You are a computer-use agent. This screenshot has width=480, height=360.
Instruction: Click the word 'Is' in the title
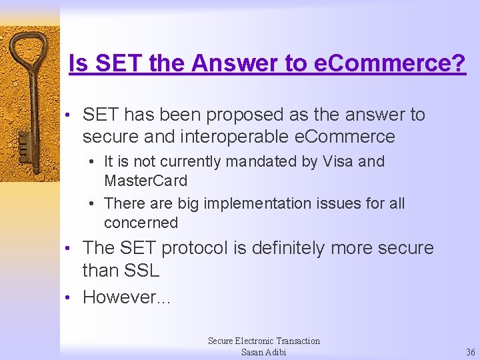point(79,64)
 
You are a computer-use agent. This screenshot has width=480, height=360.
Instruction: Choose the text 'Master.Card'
point(145,181)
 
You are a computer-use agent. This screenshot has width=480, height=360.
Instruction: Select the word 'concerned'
point(141,223)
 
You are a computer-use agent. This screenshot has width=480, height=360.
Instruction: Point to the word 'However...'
point(127,297)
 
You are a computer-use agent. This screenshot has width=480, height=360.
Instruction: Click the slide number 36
point(471,352)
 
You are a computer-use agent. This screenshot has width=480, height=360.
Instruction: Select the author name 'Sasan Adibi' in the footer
point(263,352)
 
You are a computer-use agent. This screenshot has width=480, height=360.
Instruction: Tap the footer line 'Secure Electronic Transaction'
point(263,341)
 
